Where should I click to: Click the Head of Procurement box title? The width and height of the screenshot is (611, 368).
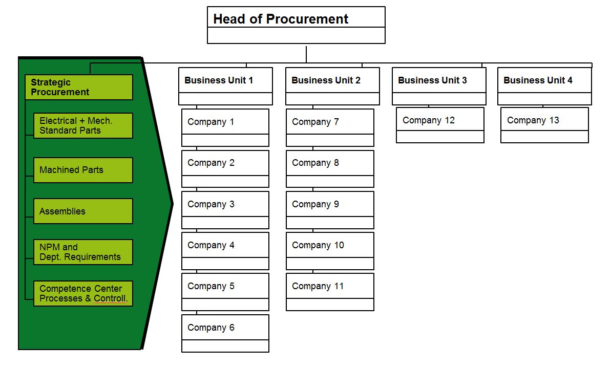click(281, 19)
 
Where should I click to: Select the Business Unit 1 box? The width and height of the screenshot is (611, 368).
click(226, 86)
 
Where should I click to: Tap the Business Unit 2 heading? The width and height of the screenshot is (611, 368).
click(326, 80)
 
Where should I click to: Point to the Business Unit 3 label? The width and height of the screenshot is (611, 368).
click(432, 80)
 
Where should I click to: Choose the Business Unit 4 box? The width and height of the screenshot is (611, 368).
click(544, 86)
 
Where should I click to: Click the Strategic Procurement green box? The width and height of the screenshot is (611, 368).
click(79, 87)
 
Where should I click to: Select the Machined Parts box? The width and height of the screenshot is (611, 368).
click(83, 170)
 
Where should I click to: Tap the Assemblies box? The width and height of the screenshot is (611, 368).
click(83, 211)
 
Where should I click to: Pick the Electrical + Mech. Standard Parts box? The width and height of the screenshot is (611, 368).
click(83, 126)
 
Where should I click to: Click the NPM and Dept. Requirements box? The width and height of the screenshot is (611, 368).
click(83, 252)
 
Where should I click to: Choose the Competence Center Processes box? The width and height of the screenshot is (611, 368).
click(83, 294)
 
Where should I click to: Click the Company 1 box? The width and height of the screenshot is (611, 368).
click(225, 128)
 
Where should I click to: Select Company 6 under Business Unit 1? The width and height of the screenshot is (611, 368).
click(225, 333)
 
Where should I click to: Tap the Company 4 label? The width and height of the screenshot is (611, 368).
click(211, 245)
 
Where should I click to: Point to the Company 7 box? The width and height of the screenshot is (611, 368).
click(330, 128)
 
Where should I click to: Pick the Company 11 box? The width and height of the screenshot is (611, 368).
click(330, 292)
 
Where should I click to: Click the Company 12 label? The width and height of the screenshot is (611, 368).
click(429, 120)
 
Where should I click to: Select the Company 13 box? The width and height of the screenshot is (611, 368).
click(545, 125)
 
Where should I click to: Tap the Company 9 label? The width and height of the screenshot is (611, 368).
click(315, 204)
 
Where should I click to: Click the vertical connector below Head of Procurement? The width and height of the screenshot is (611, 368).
click(306, 55)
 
